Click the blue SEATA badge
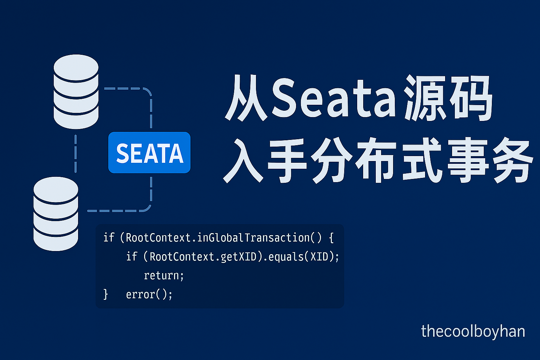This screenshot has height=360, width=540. click(x=149, y=153)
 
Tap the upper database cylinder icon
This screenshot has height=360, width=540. click(x=76, y=91)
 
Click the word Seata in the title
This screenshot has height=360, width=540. click(x=334, y=98)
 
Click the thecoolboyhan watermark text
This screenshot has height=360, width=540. click(x=473, y=332)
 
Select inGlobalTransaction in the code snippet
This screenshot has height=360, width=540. click(x=253, y=238)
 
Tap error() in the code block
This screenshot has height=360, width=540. click(x=149, y=294)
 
